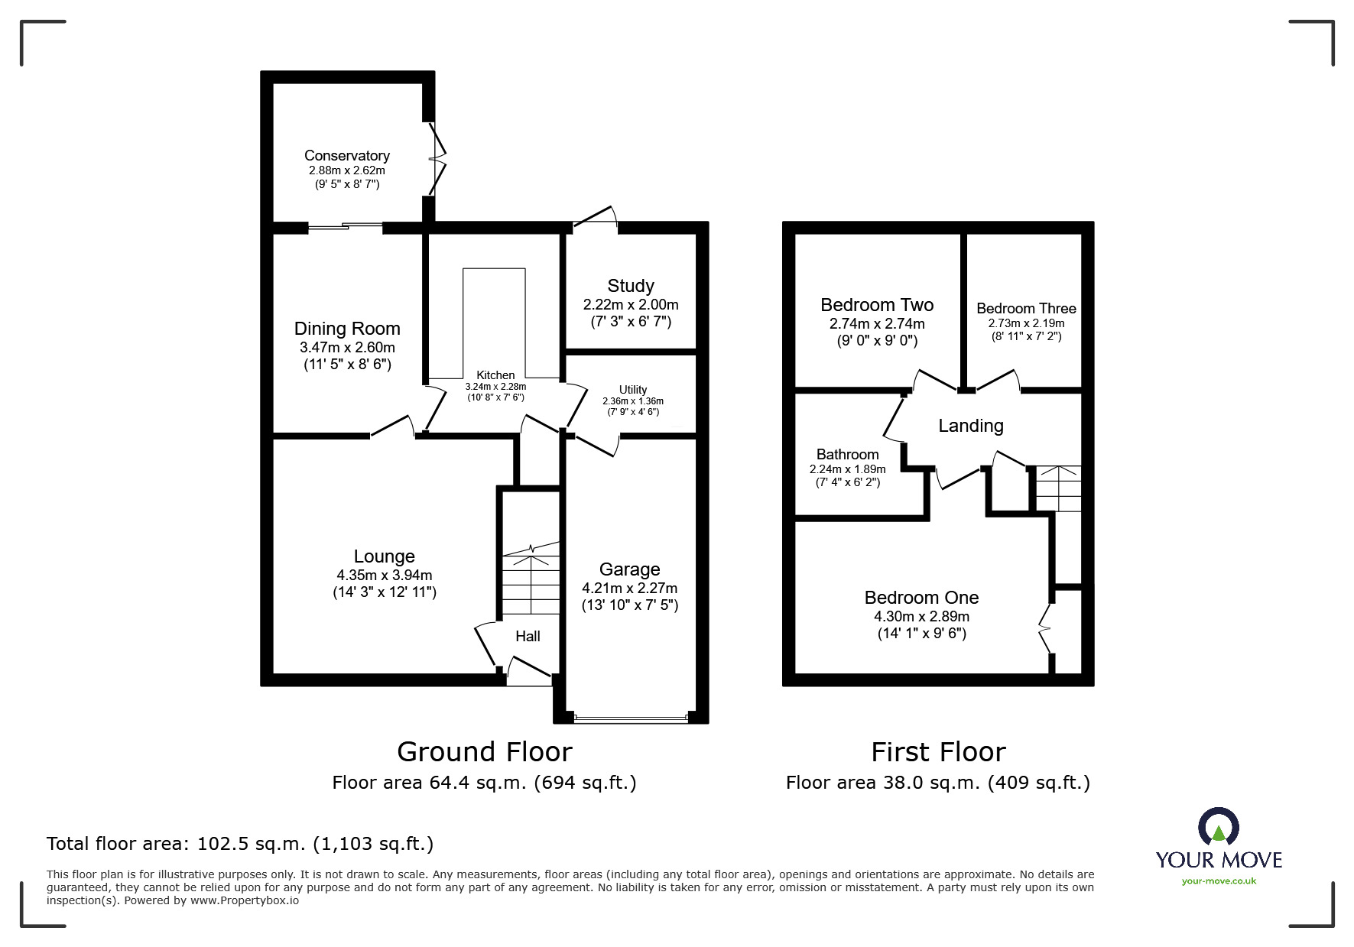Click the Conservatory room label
(346, 155)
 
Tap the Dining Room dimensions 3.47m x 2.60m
(347, 348)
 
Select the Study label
(630, 286)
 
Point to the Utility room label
(632, 389)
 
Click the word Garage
(629, 569)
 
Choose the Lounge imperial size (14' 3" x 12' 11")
(384, 592)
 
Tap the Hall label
(528, 636)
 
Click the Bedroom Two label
(877, 305)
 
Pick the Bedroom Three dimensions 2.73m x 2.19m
(1026, 323)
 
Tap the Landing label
(970, 426)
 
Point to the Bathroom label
(847, 454)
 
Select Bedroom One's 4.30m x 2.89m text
(921, 616)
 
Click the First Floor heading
(938, 752)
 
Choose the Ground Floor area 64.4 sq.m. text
(484, 783)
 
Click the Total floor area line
(240, 844)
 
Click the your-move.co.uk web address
(1219, 881)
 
